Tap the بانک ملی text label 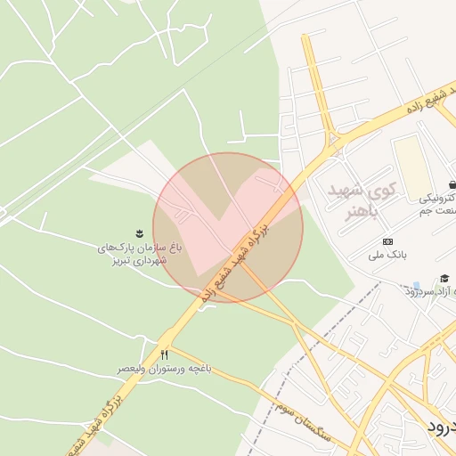tap(387, 255)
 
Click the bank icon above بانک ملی tap(387, 241)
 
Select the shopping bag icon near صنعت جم tap(452, 184)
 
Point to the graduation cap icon tap(444, 279)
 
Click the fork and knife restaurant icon tap(164, 354)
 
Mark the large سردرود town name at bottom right tap(440, 426)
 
